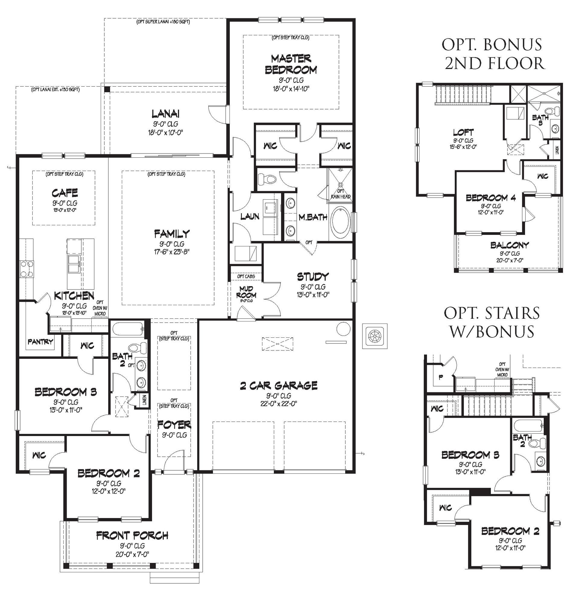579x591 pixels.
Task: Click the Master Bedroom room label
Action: click(x=291, y=64)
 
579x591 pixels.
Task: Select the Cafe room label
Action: click(x=65, y=193)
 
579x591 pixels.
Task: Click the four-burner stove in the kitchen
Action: click(x=27, y=269)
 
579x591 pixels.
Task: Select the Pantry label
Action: click(x=40, y=342)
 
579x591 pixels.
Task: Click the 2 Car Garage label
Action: click(x=279, y=385)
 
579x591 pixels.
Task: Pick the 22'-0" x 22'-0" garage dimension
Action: click(x=279, y=403)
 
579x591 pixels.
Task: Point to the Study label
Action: click(x=313, y=277)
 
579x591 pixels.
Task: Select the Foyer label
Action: click(x=174, y=425)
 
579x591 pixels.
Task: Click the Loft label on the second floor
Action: click(x=463, y=133)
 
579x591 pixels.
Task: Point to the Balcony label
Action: click(x=509, y=245)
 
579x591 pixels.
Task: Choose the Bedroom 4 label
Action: click(x=491, y=198)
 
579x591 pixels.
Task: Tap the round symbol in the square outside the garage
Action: click(x=374, y=336)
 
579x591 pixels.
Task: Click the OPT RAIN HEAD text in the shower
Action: click(x=340, y=194)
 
